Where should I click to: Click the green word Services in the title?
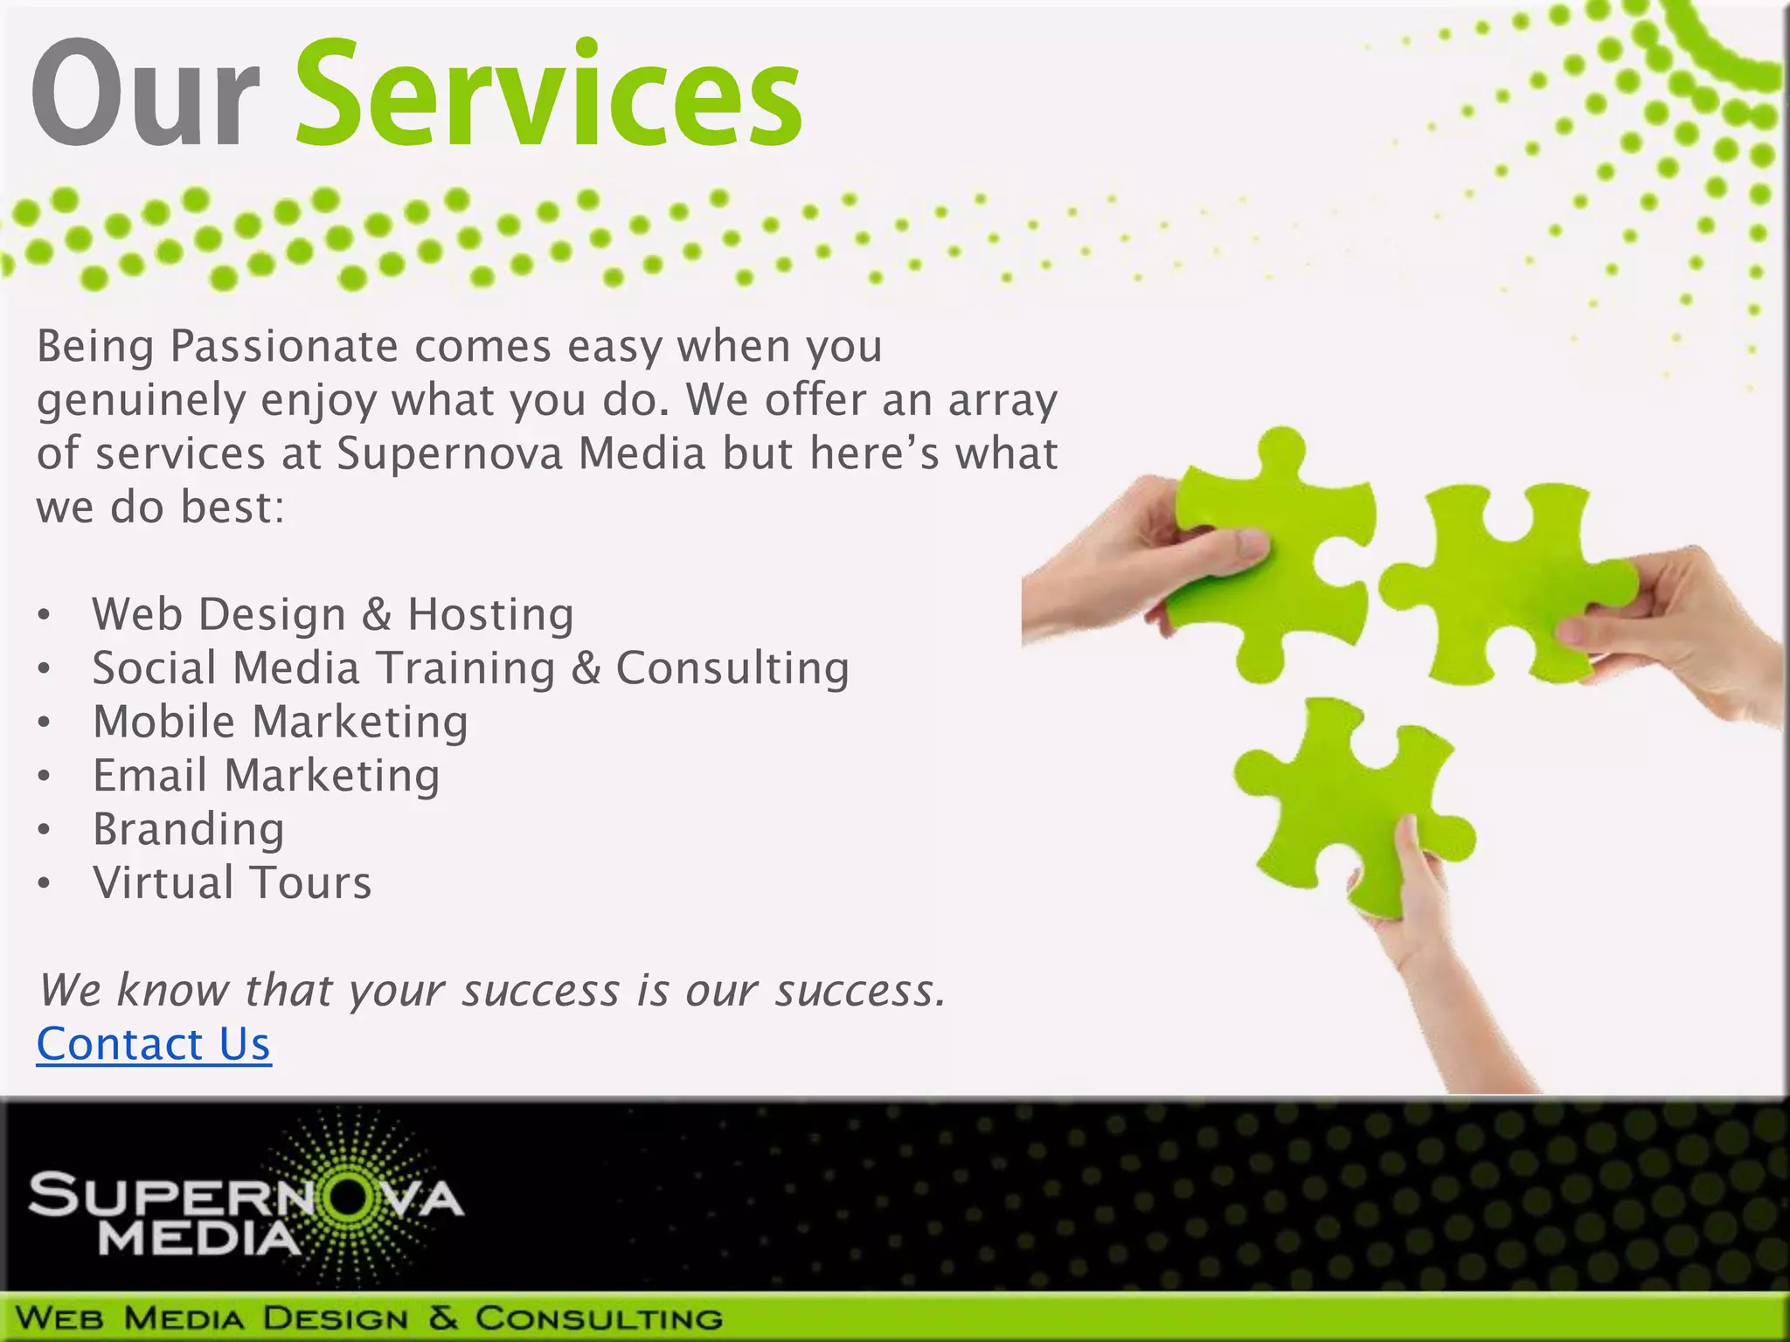click(549, 94)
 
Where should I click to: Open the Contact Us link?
click(154, 1044)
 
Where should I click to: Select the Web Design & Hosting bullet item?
click(333, 614)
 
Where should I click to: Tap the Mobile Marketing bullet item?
click(281, 722)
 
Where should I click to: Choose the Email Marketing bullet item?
click(267, 776)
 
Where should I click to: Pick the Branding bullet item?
click(189, 829)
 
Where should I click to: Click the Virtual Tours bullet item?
click(232, 882)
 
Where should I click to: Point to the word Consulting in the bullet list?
click(732, 668)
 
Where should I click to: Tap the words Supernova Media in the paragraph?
click(521, 454)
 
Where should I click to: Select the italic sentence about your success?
click(493, 990)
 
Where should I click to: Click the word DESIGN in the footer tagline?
click(336, 1318)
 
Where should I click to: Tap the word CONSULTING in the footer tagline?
click(600, 1318)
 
